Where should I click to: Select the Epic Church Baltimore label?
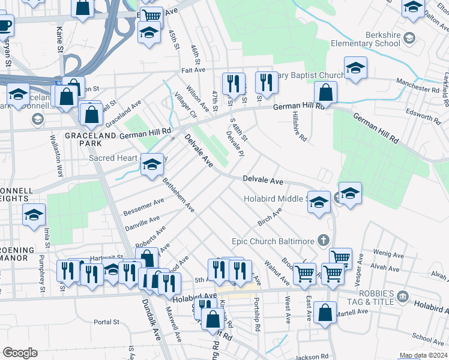click(273, 241)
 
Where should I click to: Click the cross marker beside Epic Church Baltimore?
click(324, 241)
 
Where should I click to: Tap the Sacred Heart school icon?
click(152, 164)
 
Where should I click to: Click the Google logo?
click(20, 353)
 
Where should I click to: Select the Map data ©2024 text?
click(423, 355)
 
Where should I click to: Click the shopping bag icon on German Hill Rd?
click(325, 92)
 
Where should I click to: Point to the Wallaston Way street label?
click(56, 155)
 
